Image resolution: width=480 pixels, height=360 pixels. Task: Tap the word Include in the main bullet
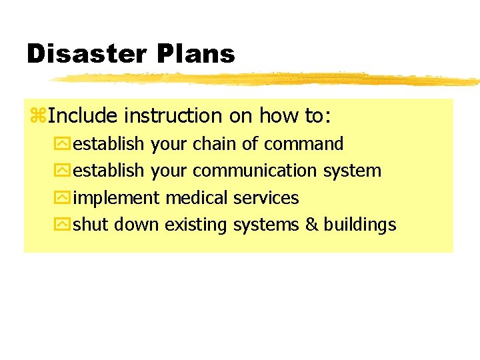click(x=83, y=116)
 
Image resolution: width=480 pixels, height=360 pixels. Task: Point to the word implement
click(x=116, y=199)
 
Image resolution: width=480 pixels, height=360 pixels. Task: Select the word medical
click(x=197, y=198)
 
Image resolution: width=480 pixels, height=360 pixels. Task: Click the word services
click(x=266, y=198)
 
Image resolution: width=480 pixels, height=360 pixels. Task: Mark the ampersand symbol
click(x=311, y=225)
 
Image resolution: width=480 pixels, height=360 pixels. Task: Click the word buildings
click(x=360, y=225)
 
